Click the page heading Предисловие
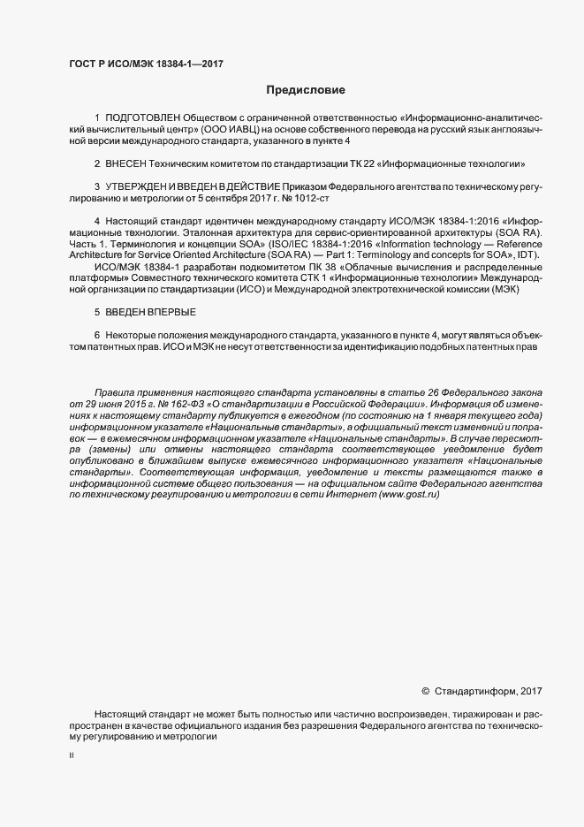pyautogui.click(x=306, y=89)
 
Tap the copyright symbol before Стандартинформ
pyautogui.click(x=426, y=691)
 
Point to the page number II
pyautogui.click(x=72, y=756)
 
